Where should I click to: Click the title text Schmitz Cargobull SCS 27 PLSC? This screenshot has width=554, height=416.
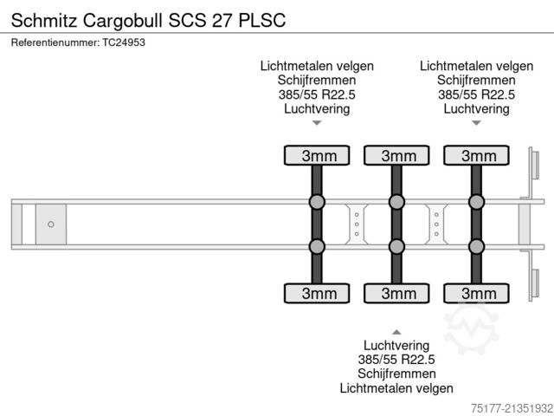click(x=147, y=18)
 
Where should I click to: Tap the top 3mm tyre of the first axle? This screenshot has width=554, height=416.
click(x=318, y=156)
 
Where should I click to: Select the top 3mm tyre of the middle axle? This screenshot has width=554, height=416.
click(x=397, y=156)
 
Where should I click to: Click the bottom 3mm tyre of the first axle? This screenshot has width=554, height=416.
click(x=318, y=294)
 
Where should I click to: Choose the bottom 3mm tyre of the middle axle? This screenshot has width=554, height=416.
click(x=397, y=294)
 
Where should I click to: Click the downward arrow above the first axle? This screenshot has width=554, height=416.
click(x=317, y=123)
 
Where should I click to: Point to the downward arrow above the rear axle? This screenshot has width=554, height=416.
click(x=476, y=123)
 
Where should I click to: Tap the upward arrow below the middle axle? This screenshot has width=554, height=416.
click(x=396, y=332)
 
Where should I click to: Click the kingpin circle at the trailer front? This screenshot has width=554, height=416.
click(x=51, y=224)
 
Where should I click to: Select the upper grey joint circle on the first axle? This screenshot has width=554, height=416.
click(x=318, y=203)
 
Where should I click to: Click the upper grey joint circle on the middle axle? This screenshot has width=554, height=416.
click(x=397, y=203)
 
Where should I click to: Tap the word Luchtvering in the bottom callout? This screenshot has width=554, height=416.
click(x=396, y=345)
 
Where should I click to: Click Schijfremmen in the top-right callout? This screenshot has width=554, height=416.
click(x=476, y=80)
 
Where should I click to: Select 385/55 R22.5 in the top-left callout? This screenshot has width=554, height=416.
click(x=317, y=94)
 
